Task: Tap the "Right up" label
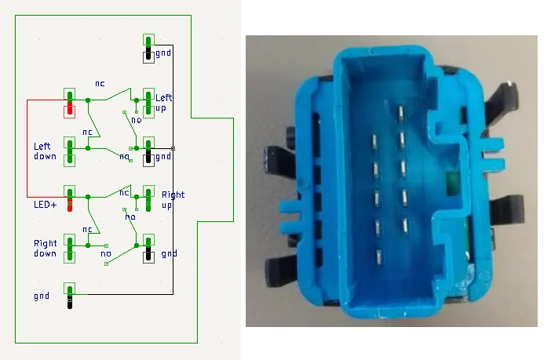pos(173,199)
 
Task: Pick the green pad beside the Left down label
pos(70,151)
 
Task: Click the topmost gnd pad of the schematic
pos(148,48)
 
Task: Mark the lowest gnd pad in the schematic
pos(70,296)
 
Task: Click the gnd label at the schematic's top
pos(163,53)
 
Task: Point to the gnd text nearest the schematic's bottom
pos(42,296)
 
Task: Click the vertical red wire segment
pos(27,148)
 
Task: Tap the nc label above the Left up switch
pos(100,82)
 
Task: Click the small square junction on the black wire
pos(173,147)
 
